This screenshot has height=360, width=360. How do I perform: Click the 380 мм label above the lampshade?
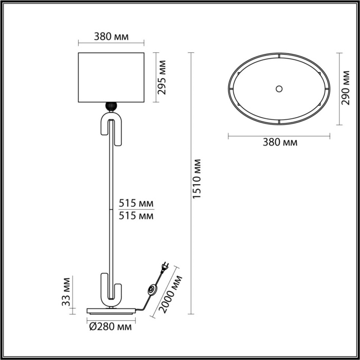(111, 37)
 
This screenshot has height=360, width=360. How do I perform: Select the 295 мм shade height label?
(163, 77)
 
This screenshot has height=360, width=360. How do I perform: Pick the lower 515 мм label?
(136, 216)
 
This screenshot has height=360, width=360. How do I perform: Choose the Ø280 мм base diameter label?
(109, 327)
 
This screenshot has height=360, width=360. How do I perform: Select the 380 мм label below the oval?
(280, 142)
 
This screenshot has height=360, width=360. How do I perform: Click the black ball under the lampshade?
(111, 106)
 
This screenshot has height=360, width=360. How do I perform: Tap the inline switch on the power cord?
(152, 291)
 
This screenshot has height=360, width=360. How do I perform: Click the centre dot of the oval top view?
(279, 88)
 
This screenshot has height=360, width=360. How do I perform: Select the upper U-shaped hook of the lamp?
(111, 129)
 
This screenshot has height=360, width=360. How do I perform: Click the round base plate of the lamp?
(111, 310)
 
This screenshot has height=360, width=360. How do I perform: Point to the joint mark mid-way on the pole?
(111, 210)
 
